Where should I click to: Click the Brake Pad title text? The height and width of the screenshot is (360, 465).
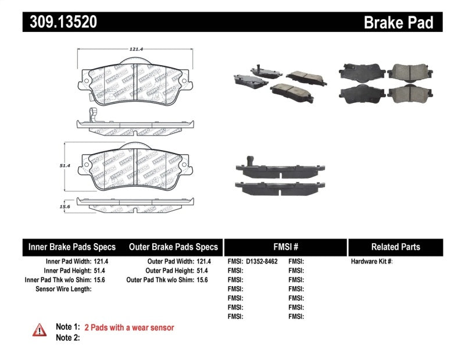tap(398, 23)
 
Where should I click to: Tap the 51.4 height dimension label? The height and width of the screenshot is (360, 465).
tap(65, 166)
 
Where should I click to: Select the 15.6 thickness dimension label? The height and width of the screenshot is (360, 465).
tap(65, 206)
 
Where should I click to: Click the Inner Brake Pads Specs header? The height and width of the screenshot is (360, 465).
tap(72, 247)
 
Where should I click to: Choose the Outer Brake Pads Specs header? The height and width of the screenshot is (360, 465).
tap(173, 247)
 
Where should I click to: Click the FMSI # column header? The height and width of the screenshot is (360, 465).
tap(285, 247)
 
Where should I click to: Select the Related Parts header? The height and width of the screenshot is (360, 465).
tap(395, 247)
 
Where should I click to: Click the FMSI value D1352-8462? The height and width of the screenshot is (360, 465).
tap(262, 262)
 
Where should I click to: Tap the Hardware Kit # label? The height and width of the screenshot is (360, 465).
tap(371, 262)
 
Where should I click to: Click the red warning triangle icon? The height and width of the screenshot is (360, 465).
tap(38, 330)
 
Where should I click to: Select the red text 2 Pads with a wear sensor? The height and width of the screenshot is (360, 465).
tap(129, 328)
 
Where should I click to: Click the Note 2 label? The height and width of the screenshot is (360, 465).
tap(67, 337)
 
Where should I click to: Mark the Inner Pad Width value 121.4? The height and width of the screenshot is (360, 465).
tap(101, 262)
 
